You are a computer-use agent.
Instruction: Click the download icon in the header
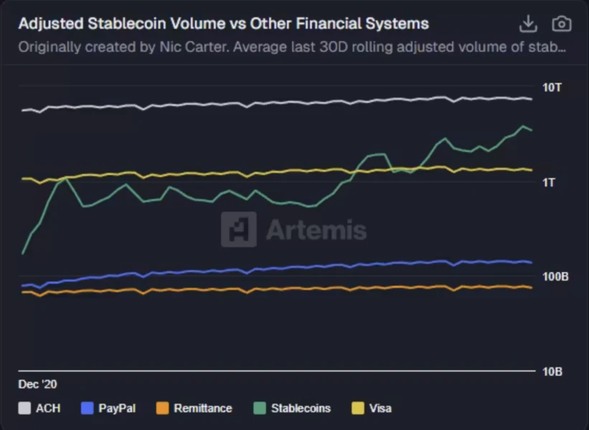point(528,24)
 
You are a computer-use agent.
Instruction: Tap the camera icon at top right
point(562,24)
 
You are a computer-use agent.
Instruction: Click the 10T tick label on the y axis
point(553,87)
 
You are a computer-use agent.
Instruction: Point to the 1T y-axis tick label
point(550,182)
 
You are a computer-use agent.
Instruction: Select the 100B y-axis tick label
point(555,277)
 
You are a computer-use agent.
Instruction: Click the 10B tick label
point(552,371)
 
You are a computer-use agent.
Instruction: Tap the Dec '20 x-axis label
point(37,384)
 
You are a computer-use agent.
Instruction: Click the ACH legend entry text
point(48,408)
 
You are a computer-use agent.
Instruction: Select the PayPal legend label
point(117,408)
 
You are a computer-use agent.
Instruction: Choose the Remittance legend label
point(203,408)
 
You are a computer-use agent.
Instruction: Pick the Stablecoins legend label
point(301,408)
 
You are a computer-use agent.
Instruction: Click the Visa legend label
point(380,408)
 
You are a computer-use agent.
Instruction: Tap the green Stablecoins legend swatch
point(260,408)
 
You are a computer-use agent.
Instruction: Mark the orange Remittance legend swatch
point(162,408)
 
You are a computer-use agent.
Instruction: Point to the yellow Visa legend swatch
point(357,408)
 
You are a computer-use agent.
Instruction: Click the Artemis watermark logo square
point(238,229)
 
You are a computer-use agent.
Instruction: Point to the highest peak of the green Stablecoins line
point(523,126)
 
